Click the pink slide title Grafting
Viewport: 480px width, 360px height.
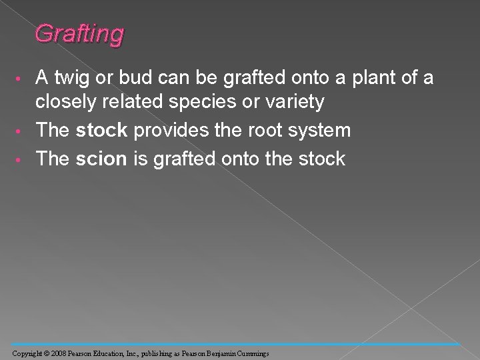pos(79,33)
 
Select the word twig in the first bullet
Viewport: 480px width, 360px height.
pos(71,79)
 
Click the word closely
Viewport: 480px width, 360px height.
pos(67,102)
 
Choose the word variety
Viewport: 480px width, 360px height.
pos(294,102)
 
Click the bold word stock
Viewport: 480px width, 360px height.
pos(101,130)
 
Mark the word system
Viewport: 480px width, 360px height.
pos(317,130)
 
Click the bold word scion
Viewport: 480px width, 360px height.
pos(100,159)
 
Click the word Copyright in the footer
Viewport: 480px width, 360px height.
pos(28,352)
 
